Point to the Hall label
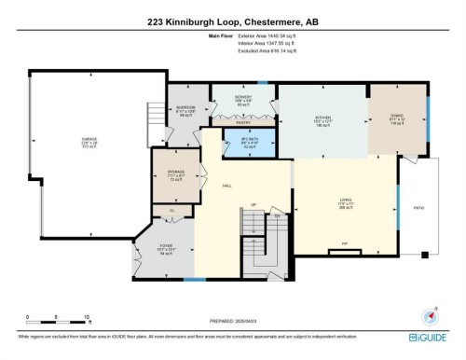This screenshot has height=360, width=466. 226,186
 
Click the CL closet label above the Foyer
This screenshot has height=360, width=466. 171,211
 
